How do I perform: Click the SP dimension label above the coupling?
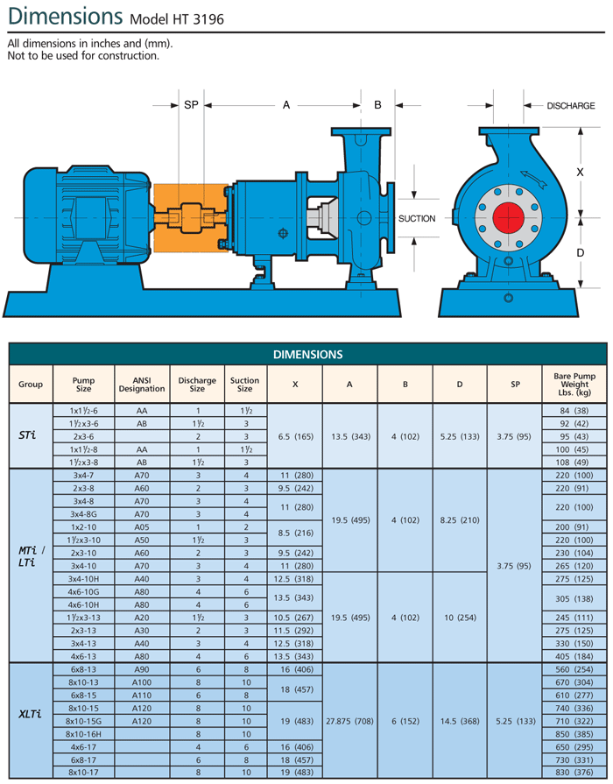[191, 105]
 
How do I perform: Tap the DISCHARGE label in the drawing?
[571, 106]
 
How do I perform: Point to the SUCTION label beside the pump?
[416, 218]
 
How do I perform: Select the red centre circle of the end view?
[508, 218]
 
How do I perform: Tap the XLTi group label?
[31, 713]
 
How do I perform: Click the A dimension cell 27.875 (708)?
[349, 720]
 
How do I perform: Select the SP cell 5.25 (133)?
[515, 720]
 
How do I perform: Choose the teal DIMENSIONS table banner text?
[306, 354]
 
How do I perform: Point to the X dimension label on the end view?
[580, 173]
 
